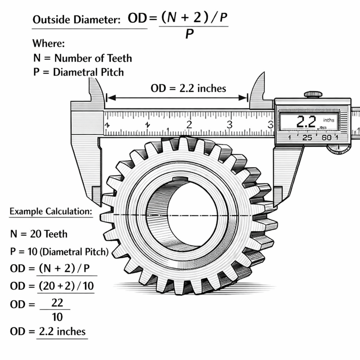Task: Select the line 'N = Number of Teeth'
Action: [x=82, y=58]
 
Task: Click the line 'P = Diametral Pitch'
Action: [x=78, y=72]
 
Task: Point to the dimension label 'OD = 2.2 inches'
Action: [x=188, y=88]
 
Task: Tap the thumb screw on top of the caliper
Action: [x=313, y=94]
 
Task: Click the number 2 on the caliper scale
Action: [x=189, y=124]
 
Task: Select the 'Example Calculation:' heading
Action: [x=51, y=212]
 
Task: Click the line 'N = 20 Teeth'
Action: [x=39, y=234]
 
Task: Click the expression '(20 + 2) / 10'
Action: [x=65, y=286]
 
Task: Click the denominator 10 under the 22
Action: [x=57, y=317]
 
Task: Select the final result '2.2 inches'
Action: [x=62, y=331]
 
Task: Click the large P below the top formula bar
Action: [x=189, y=34]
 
